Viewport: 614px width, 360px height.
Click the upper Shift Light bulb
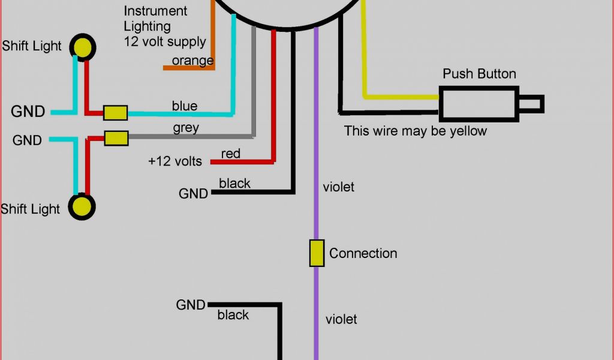pos(83,46)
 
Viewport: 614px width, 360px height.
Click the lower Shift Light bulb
pos(82,207)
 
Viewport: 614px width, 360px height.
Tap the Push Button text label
pos(479,74)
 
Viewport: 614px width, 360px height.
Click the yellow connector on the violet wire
pos(317,253)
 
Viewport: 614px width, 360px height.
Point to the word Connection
pos(363,253)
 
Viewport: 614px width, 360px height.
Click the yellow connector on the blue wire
pos(115,113)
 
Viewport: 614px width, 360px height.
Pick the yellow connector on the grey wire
pos(116,138)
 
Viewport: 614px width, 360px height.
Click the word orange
pos(192,61)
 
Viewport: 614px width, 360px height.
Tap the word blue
pos(185,106)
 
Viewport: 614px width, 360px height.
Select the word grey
pos(186,128)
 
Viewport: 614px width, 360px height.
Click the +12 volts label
pos(175,161)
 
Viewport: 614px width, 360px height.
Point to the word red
pos(231,154)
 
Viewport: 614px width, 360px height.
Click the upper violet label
pos(338,187)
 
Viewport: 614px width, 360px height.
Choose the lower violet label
pos(341,319)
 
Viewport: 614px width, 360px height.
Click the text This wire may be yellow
pos(415,131)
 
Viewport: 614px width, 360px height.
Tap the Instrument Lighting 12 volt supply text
pos(164,26)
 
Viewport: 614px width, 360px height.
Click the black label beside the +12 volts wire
pos(234,184)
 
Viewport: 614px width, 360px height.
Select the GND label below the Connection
pos(191,305)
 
